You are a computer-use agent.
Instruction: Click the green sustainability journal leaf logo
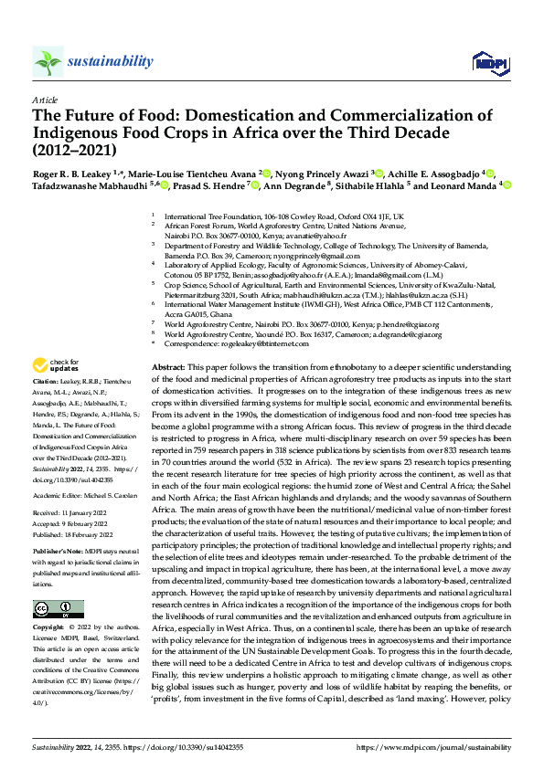[x=48, y=62]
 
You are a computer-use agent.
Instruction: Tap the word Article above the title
[x=45, y=100]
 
